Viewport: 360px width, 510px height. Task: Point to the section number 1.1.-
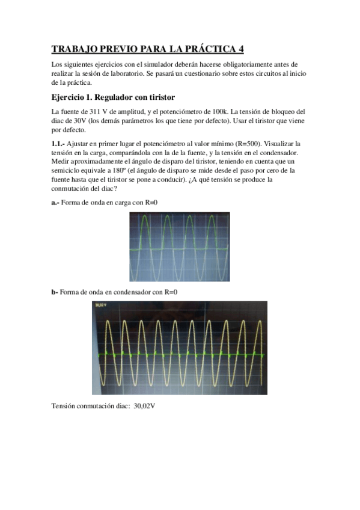tap(59, 144)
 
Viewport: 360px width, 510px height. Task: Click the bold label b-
tap(55, 292)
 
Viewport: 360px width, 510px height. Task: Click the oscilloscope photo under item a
tap(179, 248)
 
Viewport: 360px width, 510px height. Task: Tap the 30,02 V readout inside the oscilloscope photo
tap(100, 305)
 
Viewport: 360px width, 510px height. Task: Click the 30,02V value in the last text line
tap(145, 407)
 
